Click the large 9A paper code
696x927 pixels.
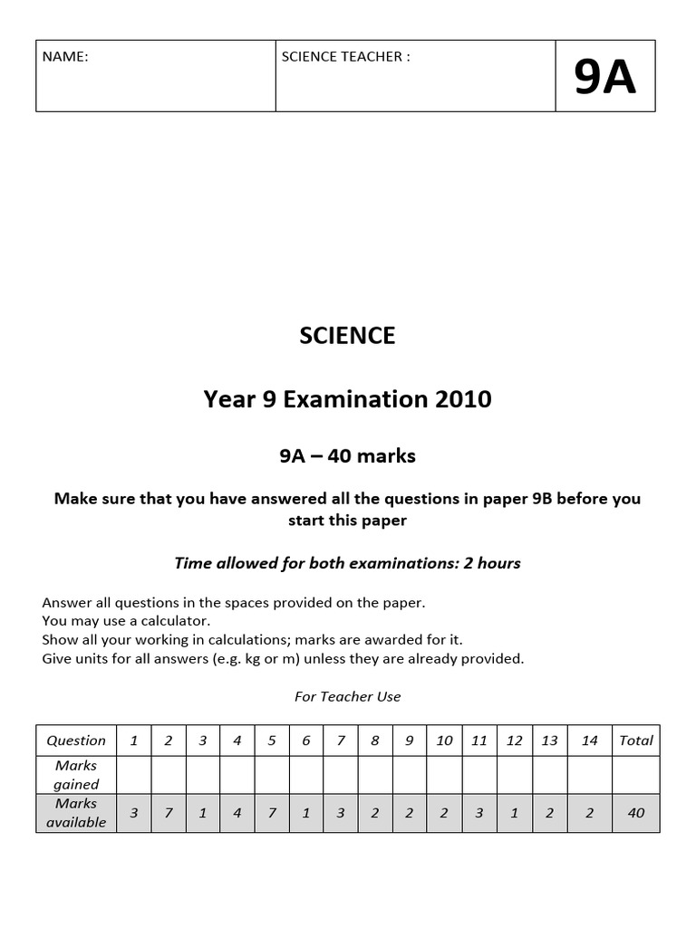[x=604, y=78]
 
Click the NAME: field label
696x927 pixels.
[x=65, y=57]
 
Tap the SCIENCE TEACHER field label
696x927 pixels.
[x=345, y=57]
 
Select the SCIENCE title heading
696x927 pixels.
[x=347, y=336]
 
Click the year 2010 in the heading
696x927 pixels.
[x=462, y=398]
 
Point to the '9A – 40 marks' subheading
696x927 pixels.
[x=347, y=456]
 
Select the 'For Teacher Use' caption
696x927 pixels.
[x=347, y=696]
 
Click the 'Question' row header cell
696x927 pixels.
[x=76, y=741]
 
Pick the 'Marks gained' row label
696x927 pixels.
[x=76, y=775]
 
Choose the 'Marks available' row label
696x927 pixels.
[x=76, y=813]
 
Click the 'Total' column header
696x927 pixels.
[x=635, y=741]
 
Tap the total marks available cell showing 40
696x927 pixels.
[x=635, y=813]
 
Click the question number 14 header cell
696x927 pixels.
[x=589, y=741]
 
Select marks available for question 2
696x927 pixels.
[x=169, y=813]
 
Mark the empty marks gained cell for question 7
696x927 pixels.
[x=341, y=775]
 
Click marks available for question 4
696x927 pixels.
[x=237, y=813]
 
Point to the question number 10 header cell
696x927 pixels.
[x=444, y=741]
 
